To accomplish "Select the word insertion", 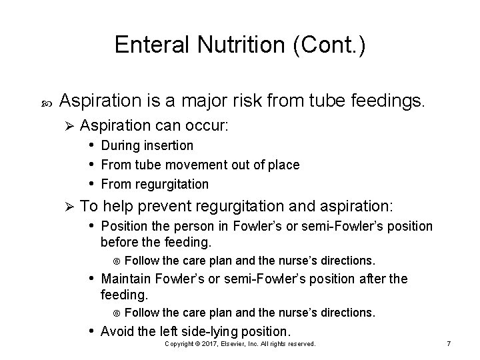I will (x=171, y=145).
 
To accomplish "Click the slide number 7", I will (x=449, y=343).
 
